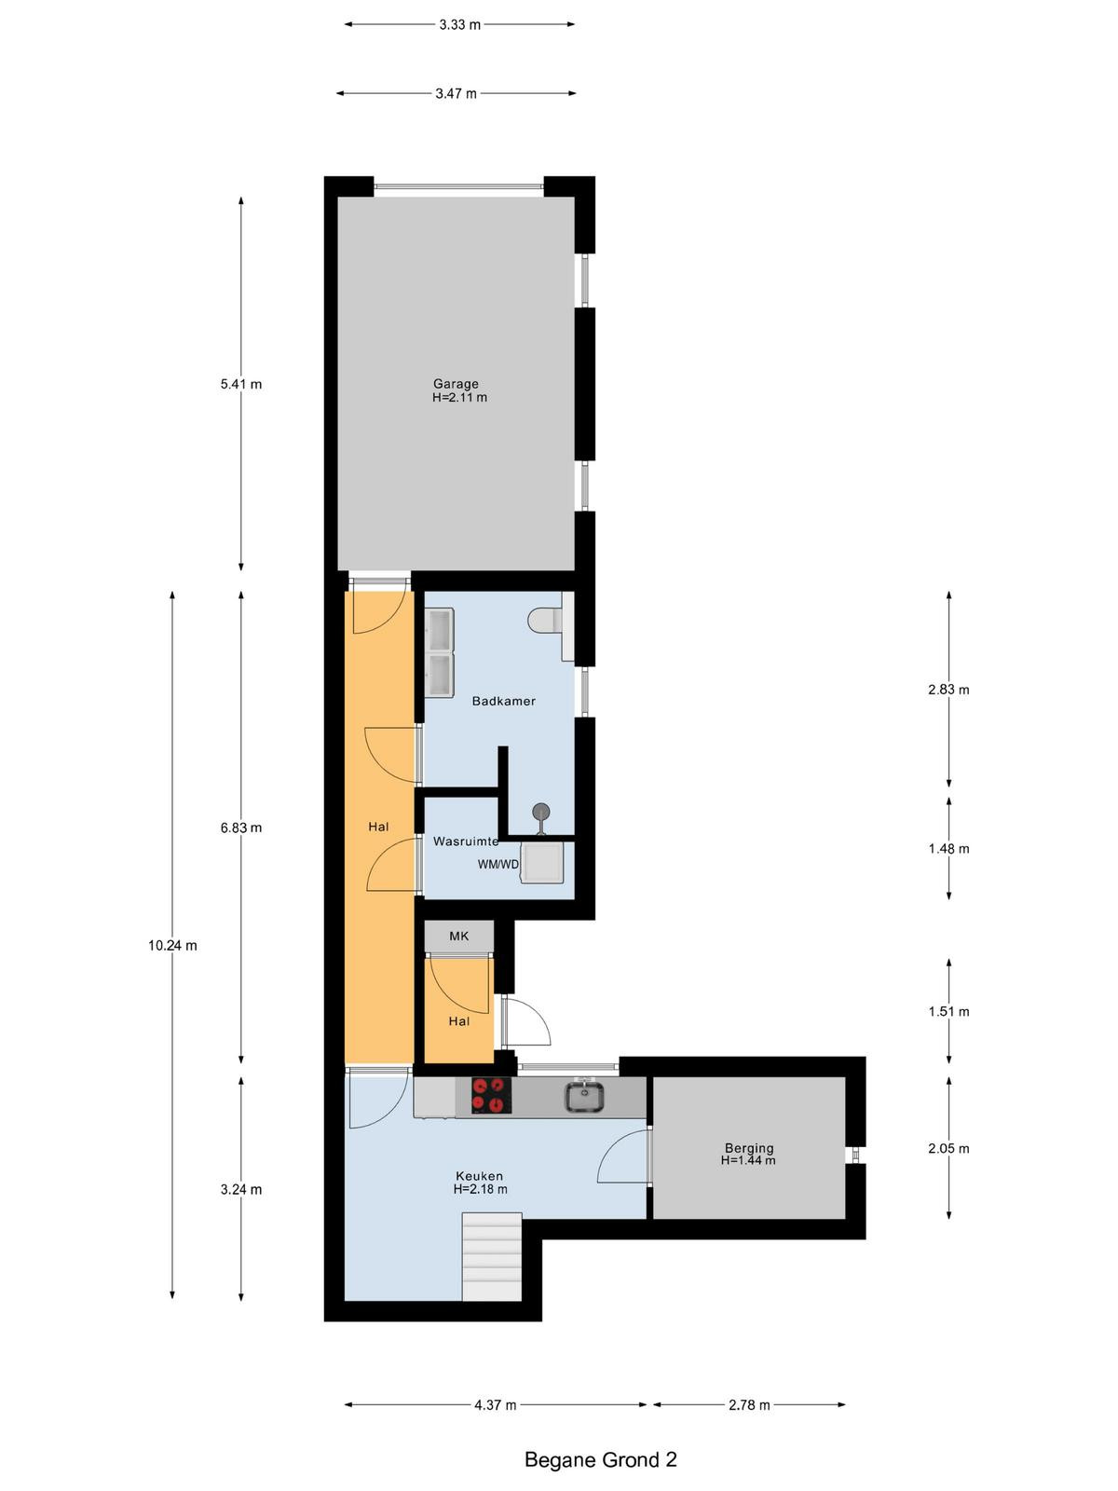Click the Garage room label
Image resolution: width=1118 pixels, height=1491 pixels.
tap(457, 384)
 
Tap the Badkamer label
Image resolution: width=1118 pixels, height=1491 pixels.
tap(504, 701)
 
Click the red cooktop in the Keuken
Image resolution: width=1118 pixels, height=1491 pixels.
tap(491, 1095)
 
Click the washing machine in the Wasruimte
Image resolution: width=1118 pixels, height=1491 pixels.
tap(541, 863)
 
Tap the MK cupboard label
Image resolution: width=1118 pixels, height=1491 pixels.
tap(459, 936)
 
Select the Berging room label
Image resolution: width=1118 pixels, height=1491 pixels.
tap(749, 1148)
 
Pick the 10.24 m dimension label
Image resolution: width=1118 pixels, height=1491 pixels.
tap(172, 946)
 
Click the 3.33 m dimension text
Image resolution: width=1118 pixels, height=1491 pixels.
tap(459, 25)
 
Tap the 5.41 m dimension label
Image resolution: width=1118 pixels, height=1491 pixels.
tap(241, 384)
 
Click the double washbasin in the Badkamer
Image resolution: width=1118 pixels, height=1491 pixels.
tap(439, 652)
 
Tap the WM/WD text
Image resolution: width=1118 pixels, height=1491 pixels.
tap(498, 864)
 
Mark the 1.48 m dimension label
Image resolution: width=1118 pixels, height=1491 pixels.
tap(949, 848)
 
